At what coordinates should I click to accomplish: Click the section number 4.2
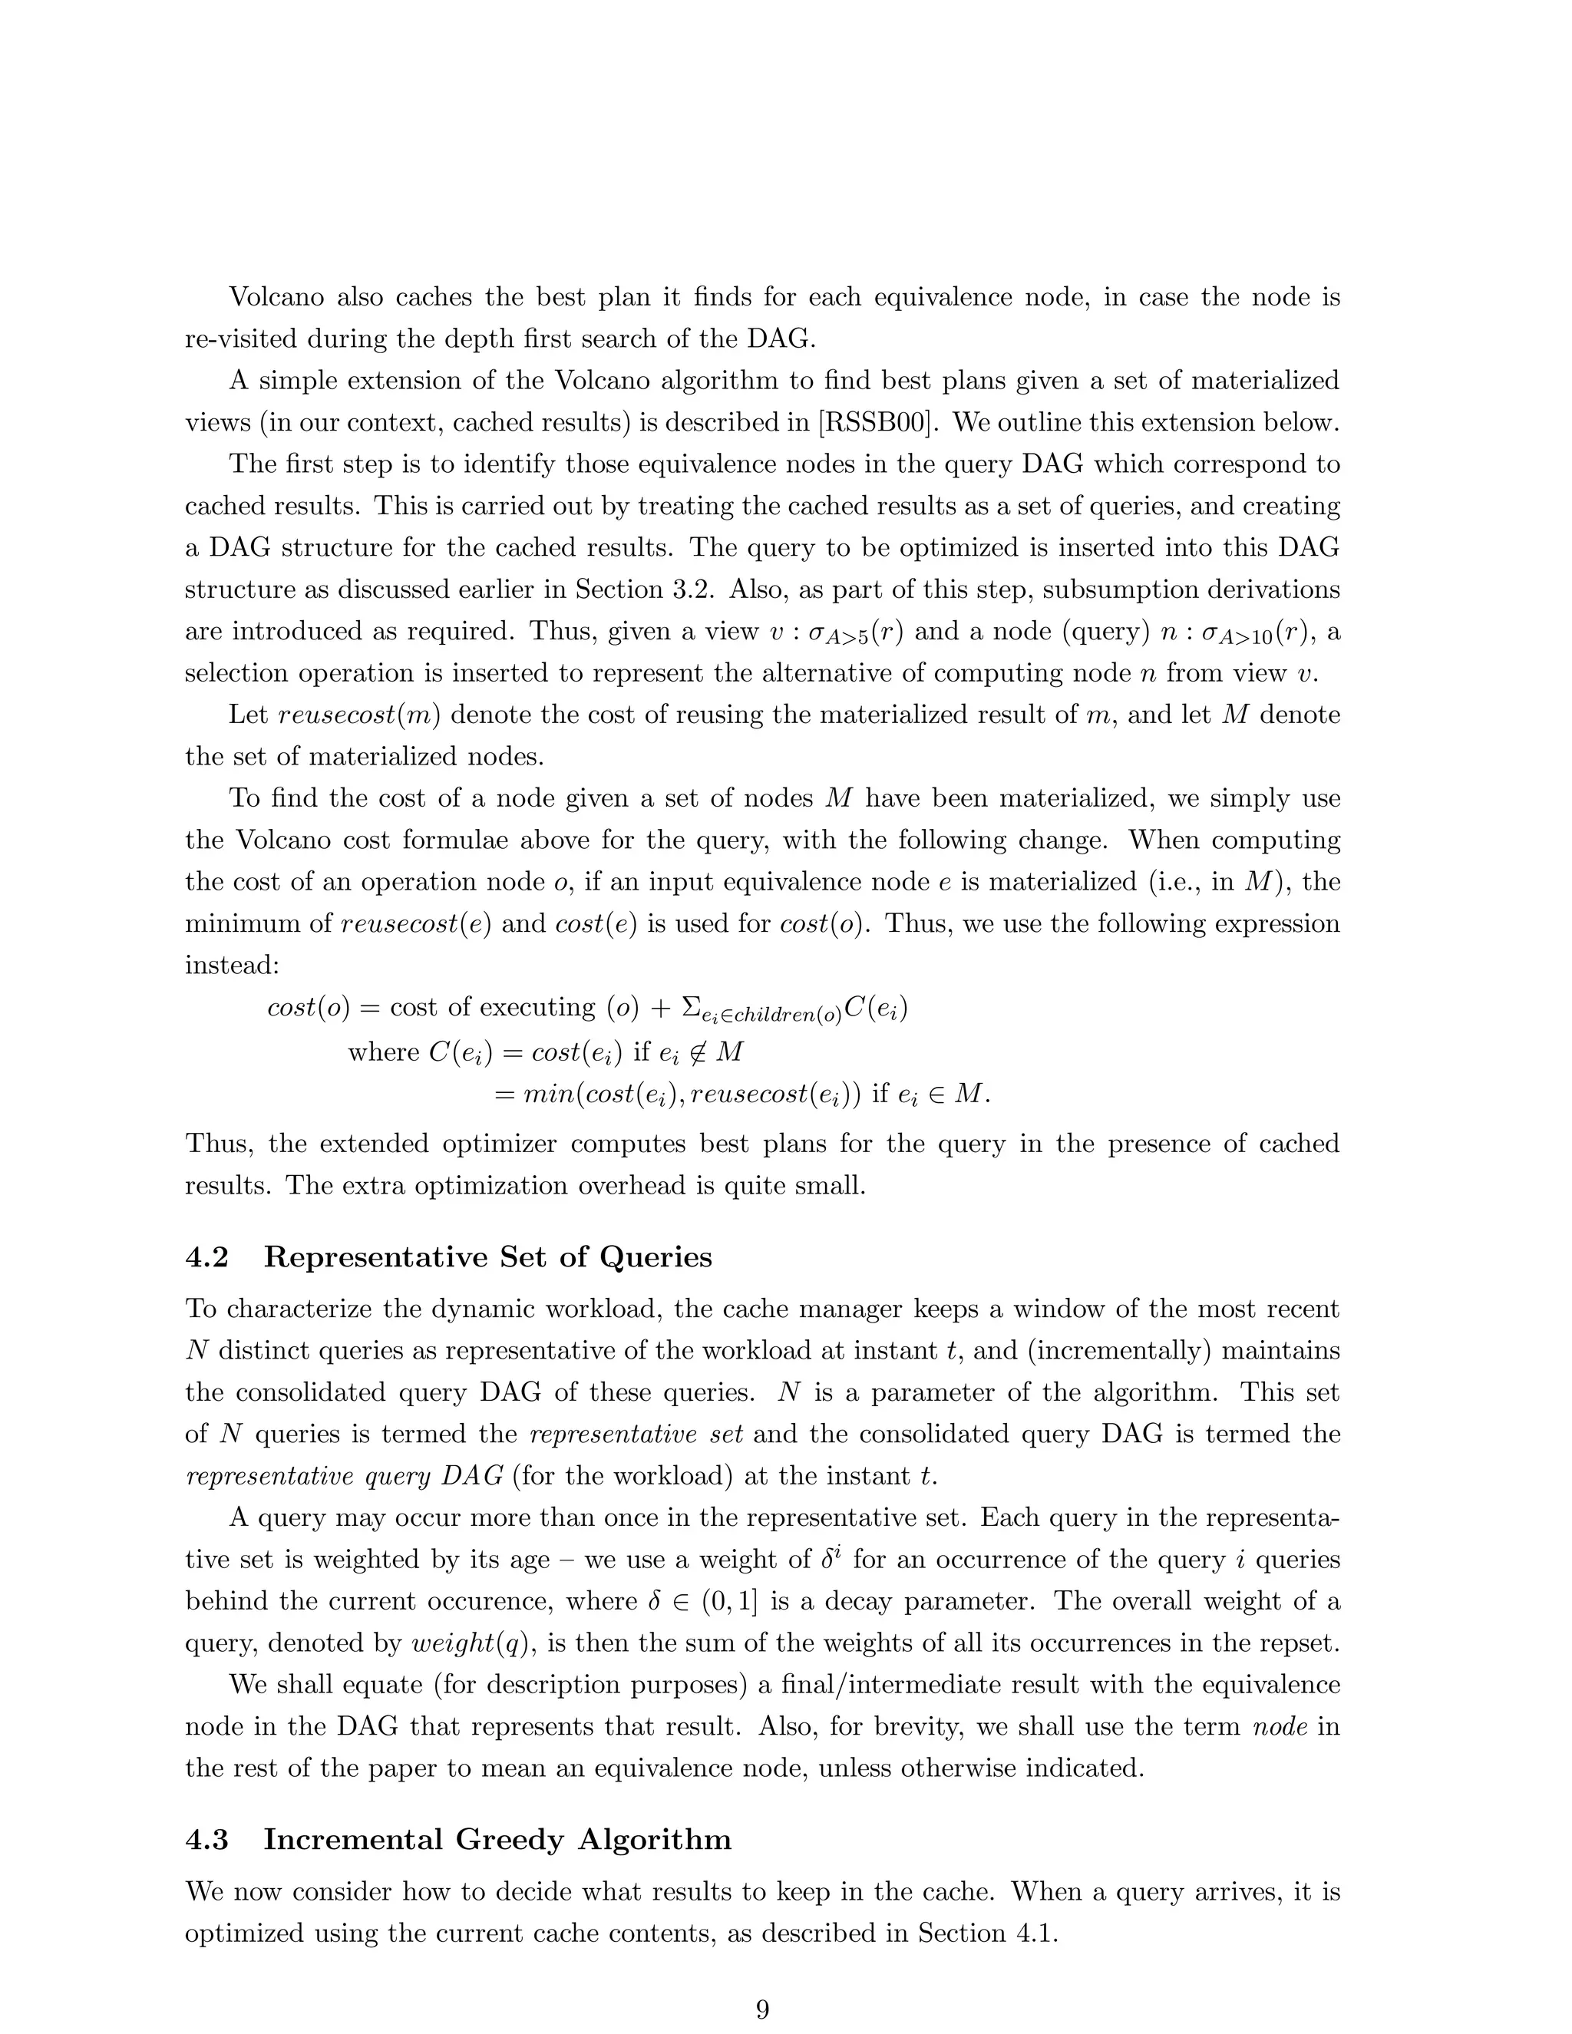click(206, 1258)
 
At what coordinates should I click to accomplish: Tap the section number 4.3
click(206, 1841)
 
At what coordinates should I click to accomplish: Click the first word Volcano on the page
click(276, 298)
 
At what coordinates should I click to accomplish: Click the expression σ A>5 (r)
click(856, 632)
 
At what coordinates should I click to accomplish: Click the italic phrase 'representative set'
click(636, 1435)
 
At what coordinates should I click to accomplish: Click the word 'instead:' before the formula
click(232, 965)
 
